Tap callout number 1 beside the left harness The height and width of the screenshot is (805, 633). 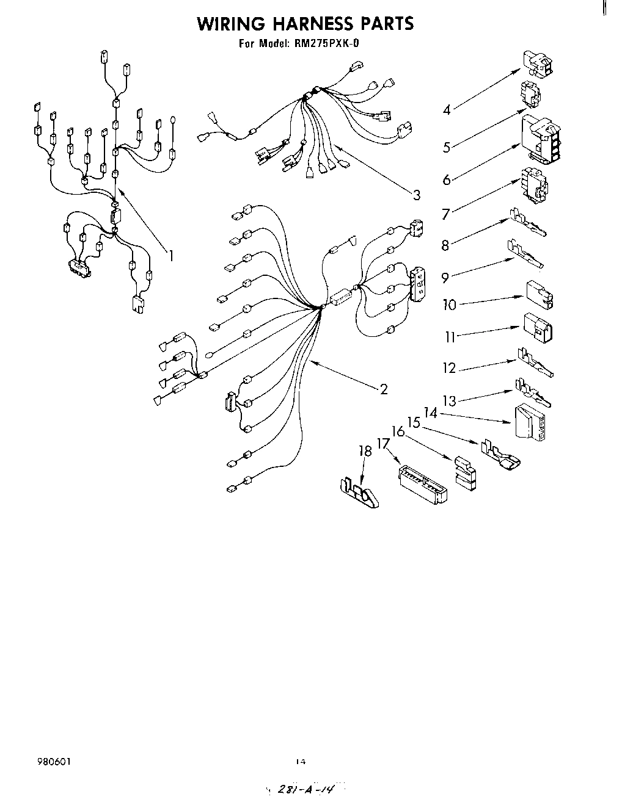tap(171, 256)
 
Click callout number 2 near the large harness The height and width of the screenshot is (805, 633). tap(384, 389)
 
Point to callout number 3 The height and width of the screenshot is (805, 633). tap(416, 195)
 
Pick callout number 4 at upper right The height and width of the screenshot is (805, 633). tap(447, 110)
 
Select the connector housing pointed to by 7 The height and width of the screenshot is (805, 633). tap(534, 184)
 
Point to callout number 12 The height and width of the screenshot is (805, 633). tap(449, 368)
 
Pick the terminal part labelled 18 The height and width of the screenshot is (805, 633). tap(359, 491)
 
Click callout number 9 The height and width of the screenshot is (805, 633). tap(445, 278)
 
